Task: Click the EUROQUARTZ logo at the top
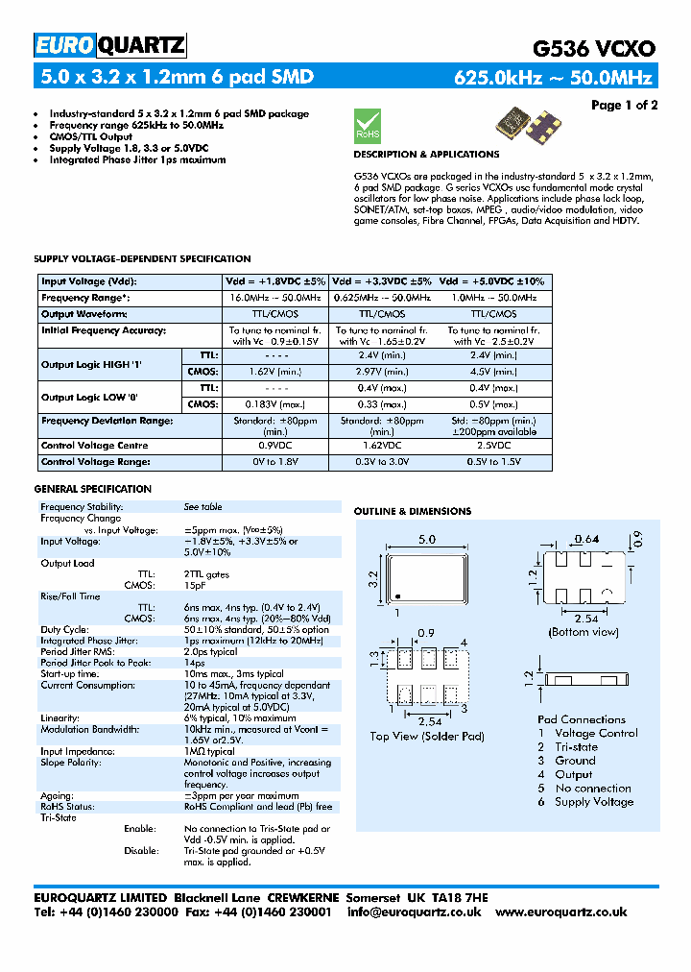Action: click(x=109, y=45)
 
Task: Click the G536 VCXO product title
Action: click(x=594, y=49)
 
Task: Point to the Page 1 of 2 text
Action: click(x=624, y=105)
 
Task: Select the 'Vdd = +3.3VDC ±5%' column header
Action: click(x=382, y=281)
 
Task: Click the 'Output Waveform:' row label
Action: click(x=84, y=314)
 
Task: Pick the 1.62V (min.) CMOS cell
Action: click(x=274, y=371)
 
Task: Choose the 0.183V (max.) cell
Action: click(x=274, y=404)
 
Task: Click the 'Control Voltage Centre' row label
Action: click(x=95, y=446)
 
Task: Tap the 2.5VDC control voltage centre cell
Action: click(x=493, y=446)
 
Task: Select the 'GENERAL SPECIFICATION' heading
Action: click(x=92, y=489)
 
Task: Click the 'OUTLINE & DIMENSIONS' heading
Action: click(x=413, y=512)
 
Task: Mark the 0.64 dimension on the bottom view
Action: click(x=585, y=539)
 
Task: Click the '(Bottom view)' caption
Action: click(x=583, y=632)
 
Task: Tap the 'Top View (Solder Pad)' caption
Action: click(x=427, y=737)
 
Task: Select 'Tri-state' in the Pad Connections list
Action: click(x=576, y=746)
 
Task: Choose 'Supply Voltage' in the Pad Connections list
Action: click(x=594, y=802)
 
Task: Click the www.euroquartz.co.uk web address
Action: click(x=561, y=911)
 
